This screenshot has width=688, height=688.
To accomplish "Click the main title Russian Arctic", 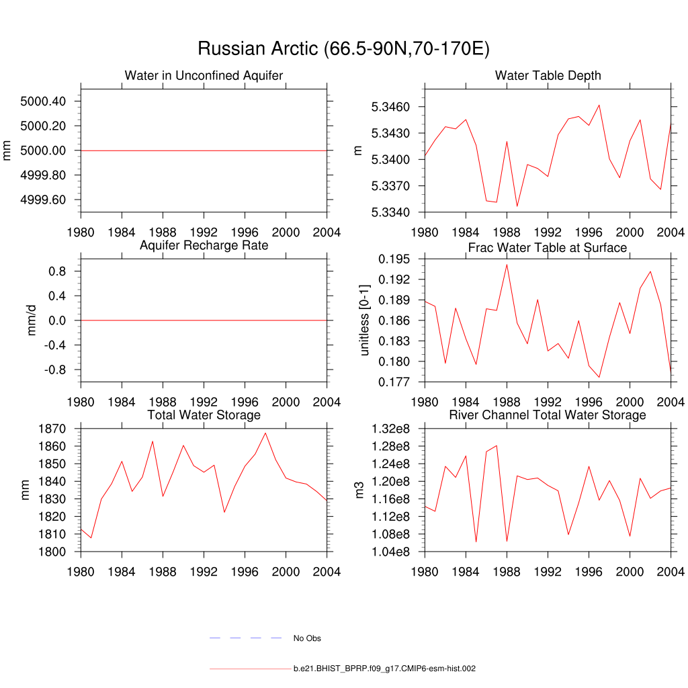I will [343, 49].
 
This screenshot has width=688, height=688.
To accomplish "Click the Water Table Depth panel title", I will [548, 75].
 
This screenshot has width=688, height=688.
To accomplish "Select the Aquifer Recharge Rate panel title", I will [204, 245].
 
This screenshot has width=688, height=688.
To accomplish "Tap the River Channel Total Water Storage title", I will [548, 415].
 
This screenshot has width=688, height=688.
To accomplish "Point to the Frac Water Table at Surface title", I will [548, 248].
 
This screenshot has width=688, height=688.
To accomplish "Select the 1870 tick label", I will [52, 429].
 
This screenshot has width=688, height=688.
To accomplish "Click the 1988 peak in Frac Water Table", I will [507, 264].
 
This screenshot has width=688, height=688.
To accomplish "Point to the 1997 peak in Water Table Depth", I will [599, 105].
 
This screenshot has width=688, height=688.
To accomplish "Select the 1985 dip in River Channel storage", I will [476, 542].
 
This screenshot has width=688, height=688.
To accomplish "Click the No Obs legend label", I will [307, 638].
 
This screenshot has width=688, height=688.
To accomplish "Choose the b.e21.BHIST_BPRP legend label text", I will [385, 669].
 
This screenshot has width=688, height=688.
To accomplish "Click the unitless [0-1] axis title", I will [365, 320].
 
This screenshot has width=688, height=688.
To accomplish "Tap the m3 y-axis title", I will [359, 490].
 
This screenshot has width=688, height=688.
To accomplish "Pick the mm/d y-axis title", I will [32, 320].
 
